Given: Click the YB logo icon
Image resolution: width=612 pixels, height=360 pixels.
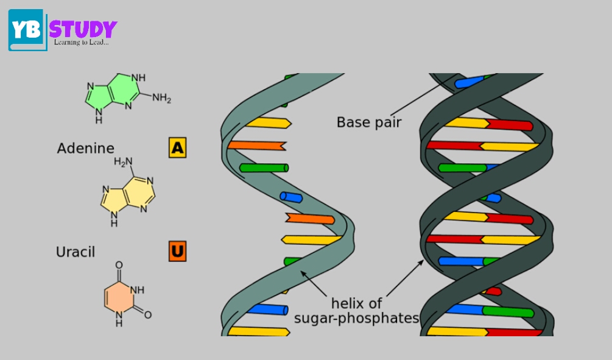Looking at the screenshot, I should click(x=27, y=30).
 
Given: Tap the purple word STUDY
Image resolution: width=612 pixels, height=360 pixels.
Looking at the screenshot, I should click(x=83, y=30).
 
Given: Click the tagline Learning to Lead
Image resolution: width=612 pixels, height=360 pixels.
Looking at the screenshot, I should click(x=81, y=43).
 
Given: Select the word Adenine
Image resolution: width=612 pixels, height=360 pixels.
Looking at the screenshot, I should click(x=85, y=148).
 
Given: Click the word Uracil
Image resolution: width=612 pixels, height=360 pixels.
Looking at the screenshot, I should click(x=76, y=252).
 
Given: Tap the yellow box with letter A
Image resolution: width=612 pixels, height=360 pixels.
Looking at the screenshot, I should click(x=177, y=147).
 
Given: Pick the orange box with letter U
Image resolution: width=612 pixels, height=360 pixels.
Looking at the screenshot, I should click(x=177, y=251).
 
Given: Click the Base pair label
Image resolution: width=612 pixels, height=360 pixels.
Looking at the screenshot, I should click(x=369, y=122).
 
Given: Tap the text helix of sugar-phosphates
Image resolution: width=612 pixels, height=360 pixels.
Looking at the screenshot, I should click(x=357, y=311).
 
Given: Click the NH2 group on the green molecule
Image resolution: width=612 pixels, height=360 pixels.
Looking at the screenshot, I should click(x=161, y=97).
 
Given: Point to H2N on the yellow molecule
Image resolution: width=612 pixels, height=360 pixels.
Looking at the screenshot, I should click(x=123, y=162).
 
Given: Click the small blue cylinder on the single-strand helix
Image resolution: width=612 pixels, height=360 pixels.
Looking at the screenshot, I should click(x=291, y=197).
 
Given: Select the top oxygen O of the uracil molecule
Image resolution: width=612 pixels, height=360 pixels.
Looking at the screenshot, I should click(x=119, y=265).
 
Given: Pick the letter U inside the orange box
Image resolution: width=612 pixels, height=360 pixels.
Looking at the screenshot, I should click(x=177, y=251).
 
